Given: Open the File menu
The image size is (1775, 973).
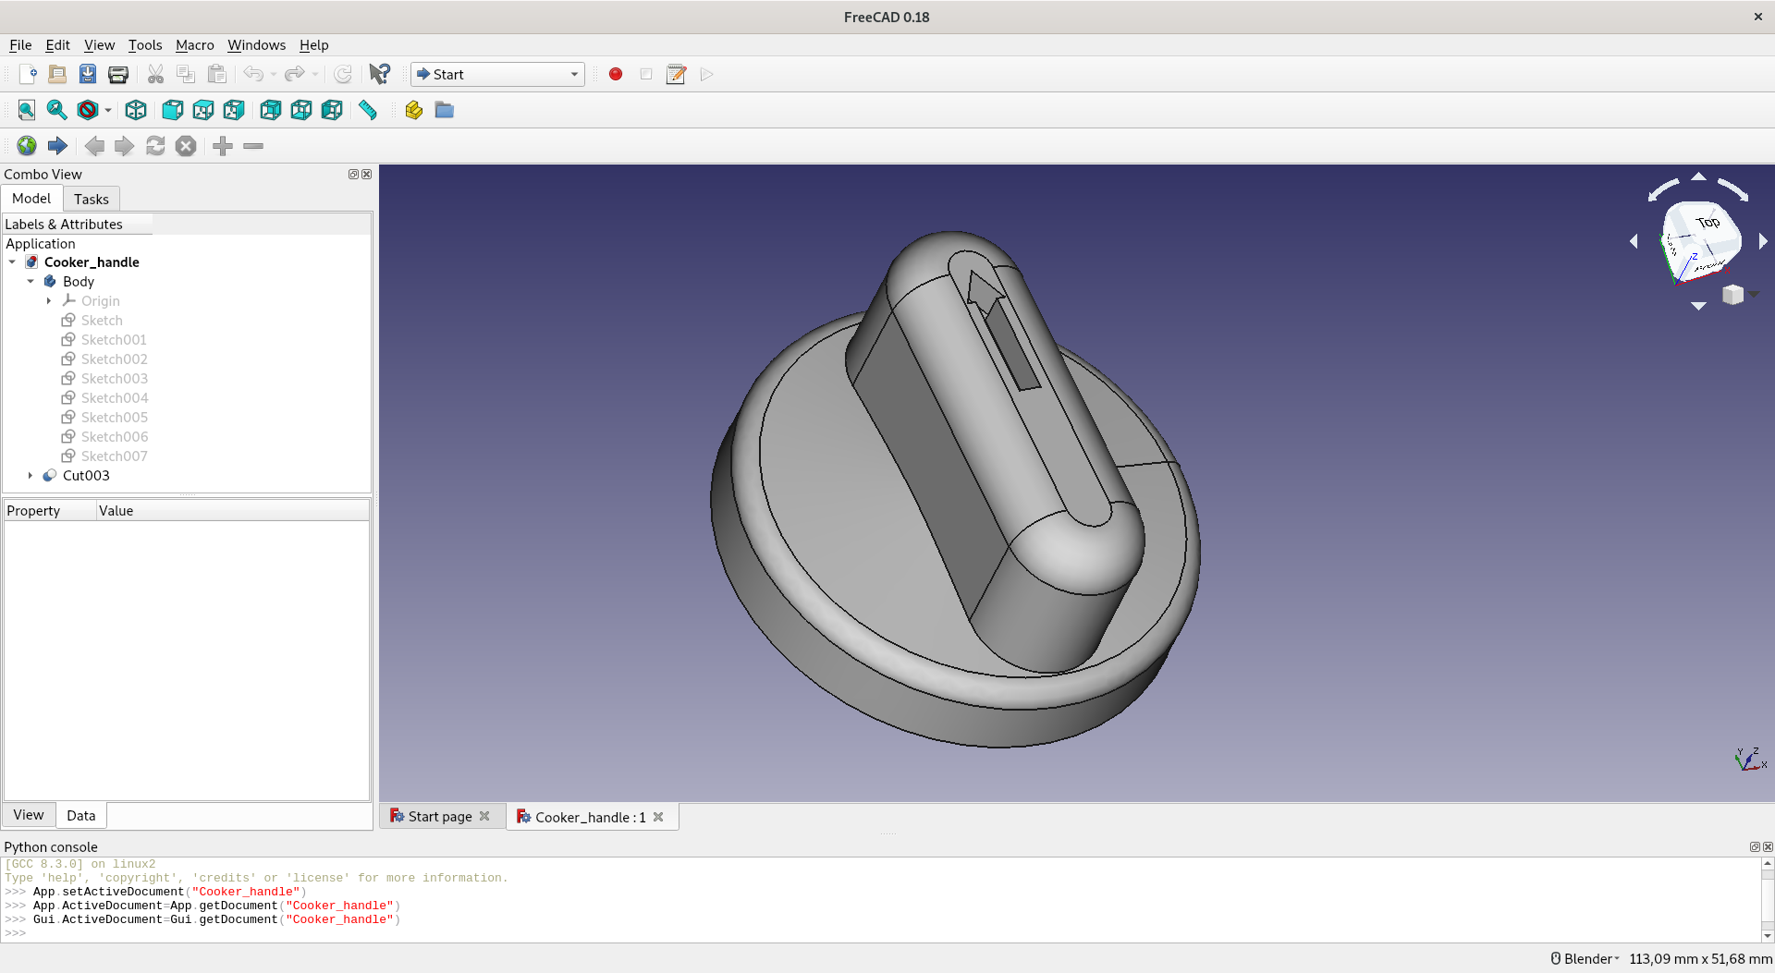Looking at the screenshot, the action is [x=20, y=44].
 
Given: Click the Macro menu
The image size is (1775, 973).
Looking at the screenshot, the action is [x=194, y=44].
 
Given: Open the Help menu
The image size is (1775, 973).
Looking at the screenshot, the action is [x=313, y=44].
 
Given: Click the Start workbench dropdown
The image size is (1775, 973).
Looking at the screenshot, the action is [x=497, y=74].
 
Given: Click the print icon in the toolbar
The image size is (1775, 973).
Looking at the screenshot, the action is [x=118, y=74].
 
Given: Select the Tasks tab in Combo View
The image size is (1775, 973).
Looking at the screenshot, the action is [x=92, y=199].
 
